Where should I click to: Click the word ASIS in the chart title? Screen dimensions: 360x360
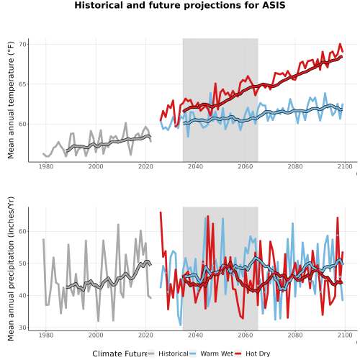pos(274,5)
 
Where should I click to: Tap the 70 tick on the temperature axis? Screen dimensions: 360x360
pos(24,45)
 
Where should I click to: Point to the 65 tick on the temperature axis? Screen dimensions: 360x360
pos(24,84)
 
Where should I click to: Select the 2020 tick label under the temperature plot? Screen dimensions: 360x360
pos(145,166)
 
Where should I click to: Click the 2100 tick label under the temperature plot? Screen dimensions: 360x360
pos(345,166)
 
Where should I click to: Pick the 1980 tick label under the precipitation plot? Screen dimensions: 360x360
pos(46,335)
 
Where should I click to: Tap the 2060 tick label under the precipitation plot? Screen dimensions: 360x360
pos(246,335)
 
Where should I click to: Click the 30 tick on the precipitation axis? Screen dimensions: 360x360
pos(24,328)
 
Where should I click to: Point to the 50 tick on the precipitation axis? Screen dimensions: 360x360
pos(24,264)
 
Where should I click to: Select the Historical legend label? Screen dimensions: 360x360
pos(174,354)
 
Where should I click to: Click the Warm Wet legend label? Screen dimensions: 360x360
pos(217,354)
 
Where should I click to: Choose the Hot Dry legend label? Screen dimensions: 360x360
pos(258,354)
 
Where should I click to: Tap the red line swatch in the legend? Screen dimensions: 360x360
pos(238,354)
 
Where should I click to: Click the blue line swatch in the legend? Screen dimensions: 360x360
pos(193,354)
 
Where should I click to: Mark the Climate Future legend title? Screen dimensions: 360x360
pos(120,354)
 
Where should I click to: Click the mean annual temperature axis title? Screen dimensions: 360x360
pos(11,100)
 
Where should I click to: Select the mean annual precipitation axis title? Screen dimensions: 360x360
pos(11,269)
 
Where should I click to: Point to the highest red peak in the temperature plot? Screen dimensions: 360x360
pos(340,44)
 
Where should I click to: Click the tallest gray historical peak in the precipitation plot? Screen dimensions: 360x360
pos(118,225)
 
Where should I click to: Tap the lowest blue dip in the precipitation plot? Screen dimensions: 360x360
pos(181,325)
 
